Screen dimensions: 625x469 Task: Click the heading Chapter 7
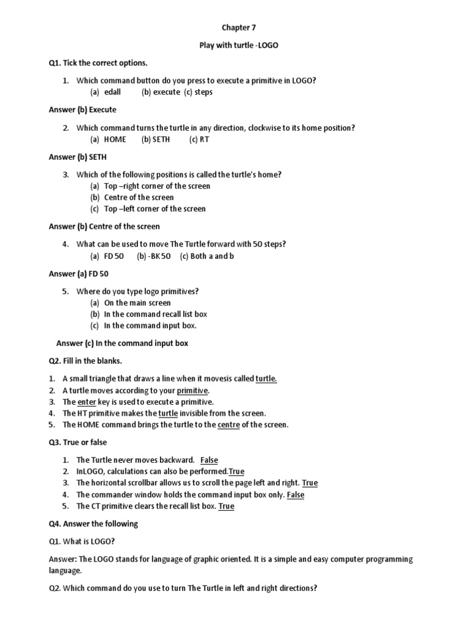point(234,28)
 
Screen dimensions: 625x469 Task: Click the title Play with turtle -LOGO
point(234,46)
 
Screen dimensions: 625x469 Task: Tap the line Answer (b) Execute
point(82,110)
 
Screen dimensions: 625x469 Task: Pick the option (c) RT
point(199,139)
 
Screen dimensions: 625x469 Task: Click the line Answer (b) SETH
point(78,157)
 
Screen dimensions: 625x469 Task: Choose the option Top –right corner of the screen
point(157,186)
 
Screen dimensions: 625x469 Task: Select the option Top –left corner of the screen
point(155,209)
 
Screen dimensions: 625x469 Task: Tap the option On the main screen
point(137,303)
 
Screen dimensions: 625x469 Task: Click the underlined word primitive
point(193,391)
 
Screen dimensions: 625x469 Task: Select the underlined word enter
point(86,402)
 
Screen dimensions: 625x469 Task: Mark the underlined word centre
point(228,425)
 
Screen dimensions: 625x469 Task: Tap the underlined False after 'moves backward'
point(209,460)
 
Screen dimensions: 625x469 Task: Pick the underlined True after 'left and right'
point(310,483)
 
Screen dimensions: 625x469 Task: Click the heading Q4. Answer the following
point(93,524)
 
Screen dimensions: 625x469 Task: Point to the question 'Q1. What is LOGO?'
point(81,541)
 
